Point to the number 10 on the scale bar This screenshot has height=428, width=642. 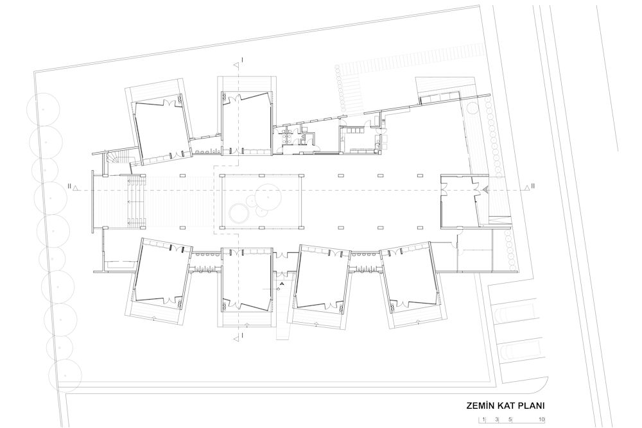click(x=541, y=420)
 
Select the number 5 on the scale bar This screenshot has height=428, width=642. click(x=510, y=420)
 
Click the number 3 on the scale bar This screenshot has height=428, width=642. click(x=497, y=420)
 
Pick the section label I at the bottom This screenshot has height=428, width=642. click(x=243, y=336)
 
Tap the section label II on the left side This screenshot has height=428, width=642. click(x=70, y=186)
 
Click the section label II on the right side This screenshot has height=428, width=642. click(x=533, y=186)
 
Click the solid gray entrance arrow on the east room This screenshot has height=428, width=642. click(x=485, y=189)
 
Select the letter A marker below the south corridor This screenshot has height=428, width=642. click(x=282, y=283)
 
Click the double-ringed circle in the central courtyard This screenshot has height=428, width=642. click(x=238, y=213)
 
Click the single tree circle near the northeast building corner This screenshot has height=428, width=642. click(x=473, y=108)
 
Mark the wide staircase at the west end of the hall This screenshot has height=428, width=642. click(x=137, y=201)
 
